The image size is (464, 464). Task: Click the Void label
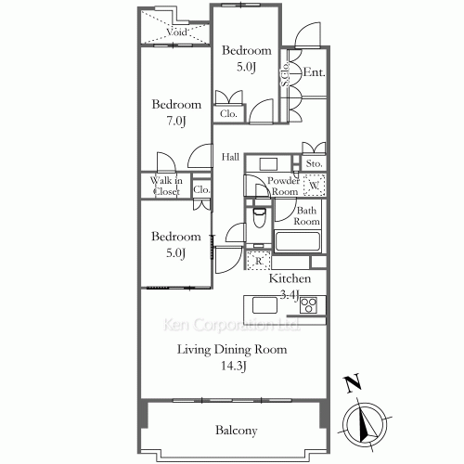pyautogui.click(x=177, y=32)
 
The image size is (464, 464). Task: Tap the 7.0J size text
pyautogui.click(x=176, y=121)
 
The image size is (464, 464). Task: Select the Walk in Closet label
pyautogui.click(x=166, y=186)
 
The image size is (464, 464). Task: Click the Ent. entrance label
pyautogui.click(x=314, y=72)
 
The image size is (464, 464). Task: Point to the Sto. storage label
pyautogui.click(x=314, y=163)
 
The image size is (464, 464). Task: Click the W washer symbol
pyautogui.click(x=315, y=186)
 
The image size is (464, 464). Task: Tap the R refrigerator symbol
pyautogui.click(x=259, y=261)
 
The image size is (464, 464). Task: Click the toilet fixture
pyautogui.click(x=259, y=218)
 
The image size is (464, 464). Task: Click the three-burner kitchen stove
pyautogui.click(x=308, y=305)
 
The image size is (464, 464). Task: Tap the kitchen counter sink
pyautogui.click(x=264, y=305)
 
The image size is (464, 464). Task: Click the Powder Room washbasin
pyautogui.click(x=268, y=164)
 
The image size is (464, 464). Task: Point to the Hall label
pyautogui.click(x=230, y=157)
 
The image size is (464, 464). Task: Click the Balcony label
pyautogui.click(x=237, y=431)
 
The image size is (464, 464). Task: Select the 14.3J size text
pyautogui.click(x=234, y=367)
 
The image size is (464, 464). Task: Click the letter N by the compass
pyautogui.click(x=354, y=383)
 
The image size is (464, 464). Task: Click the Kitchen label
pyautogui.click(x=290, y=278)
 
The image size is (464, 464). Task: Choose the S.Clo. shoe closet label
pyautogui.click(x=285, y=74)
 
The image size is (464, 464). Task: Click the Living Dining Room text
pyautogui.click(x=232, y=350)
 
